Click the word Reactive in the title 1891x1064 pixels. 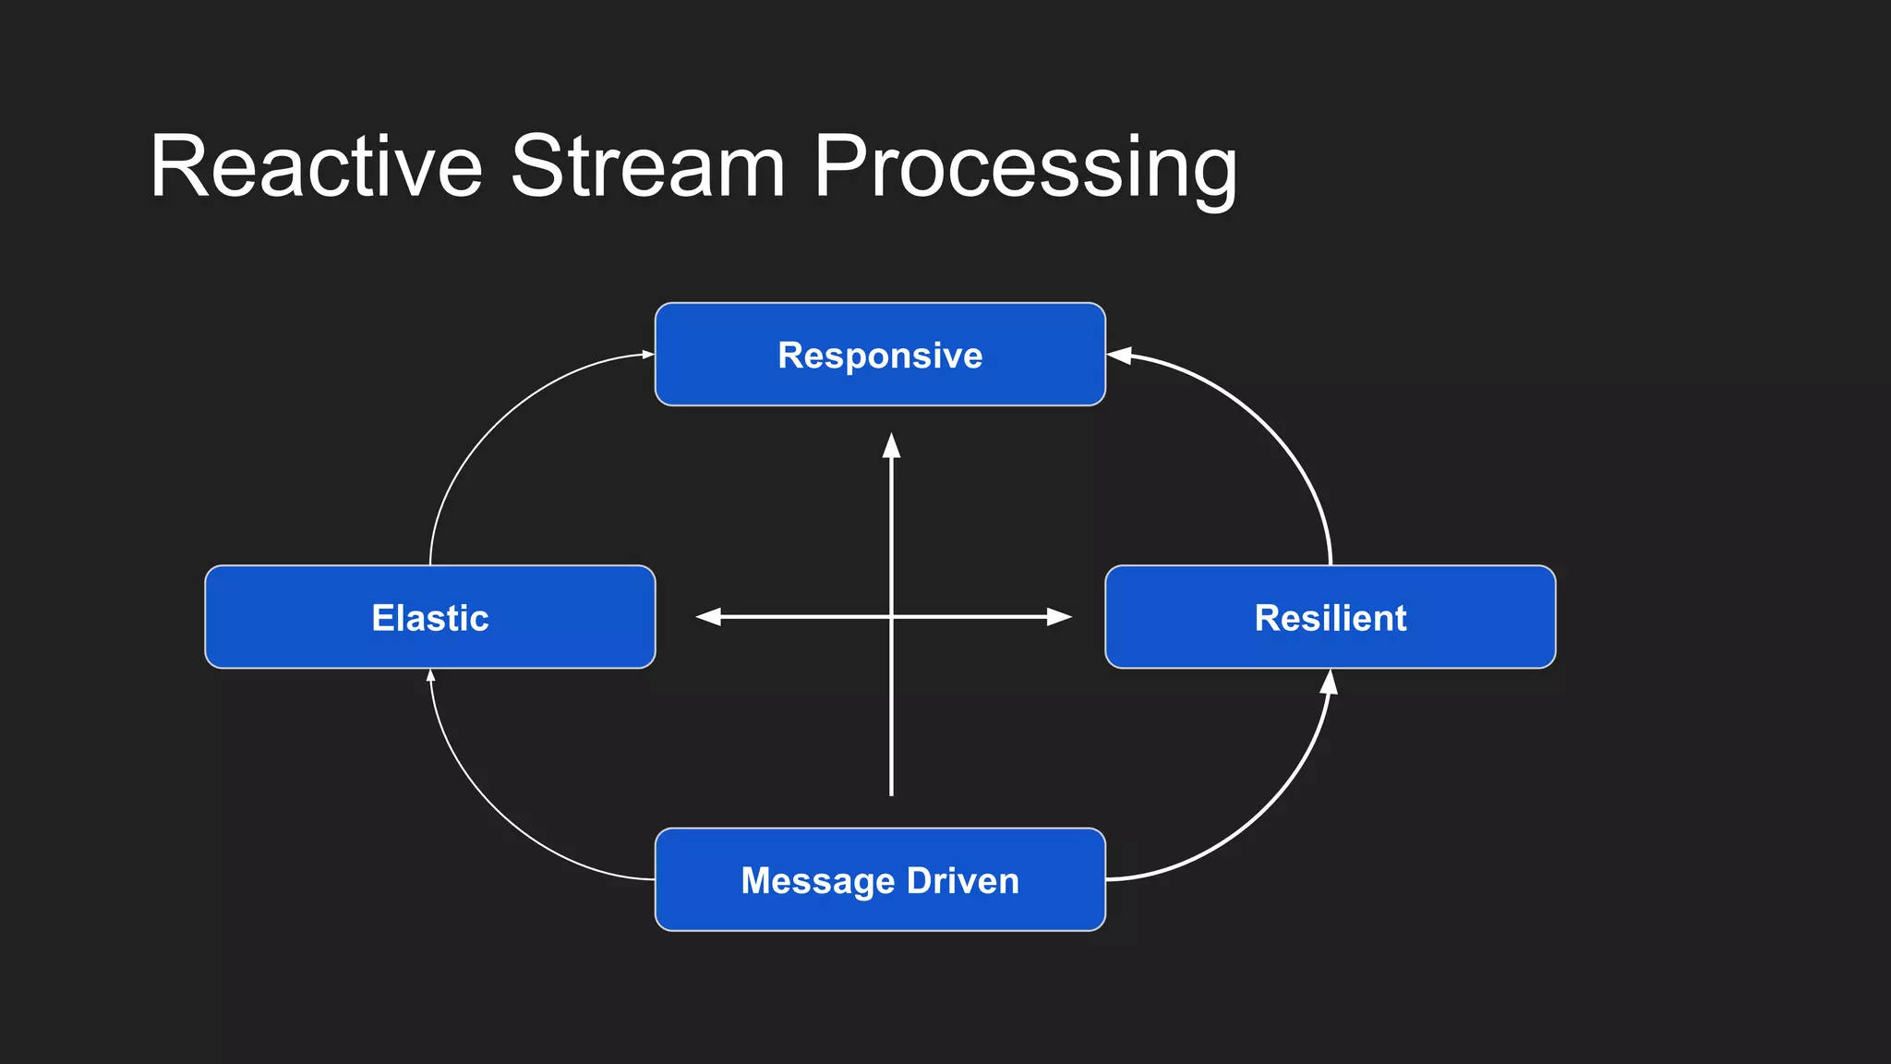point(316,166)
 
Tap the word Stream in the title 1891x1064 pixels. point(647,166)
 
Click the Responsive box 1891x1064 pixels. point(880,355)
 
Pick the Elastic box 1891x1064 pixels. point(430,617)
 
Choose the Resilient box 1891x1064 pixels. point(1330,617)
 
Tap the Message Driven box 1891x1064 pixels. point(880,879)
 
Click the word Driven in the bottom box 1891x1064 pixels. point(963,880)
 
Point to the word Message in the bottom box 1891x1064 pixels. point(817,880)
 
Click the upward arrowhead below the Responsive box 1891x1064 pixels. point(891,446)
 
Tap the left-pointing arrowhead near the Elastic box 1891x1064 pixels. point(708,617)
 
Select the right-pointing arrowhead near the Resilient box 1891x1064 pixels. point(1059,617)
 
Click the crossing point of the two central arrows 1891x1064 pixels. point(891,617)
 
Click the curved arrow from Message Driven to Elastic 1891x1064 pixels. point(489,813)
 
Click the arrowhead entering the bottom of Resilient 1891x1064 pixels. point(1329,683)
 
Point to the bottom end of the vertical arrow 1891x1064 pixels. point(891,792)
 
